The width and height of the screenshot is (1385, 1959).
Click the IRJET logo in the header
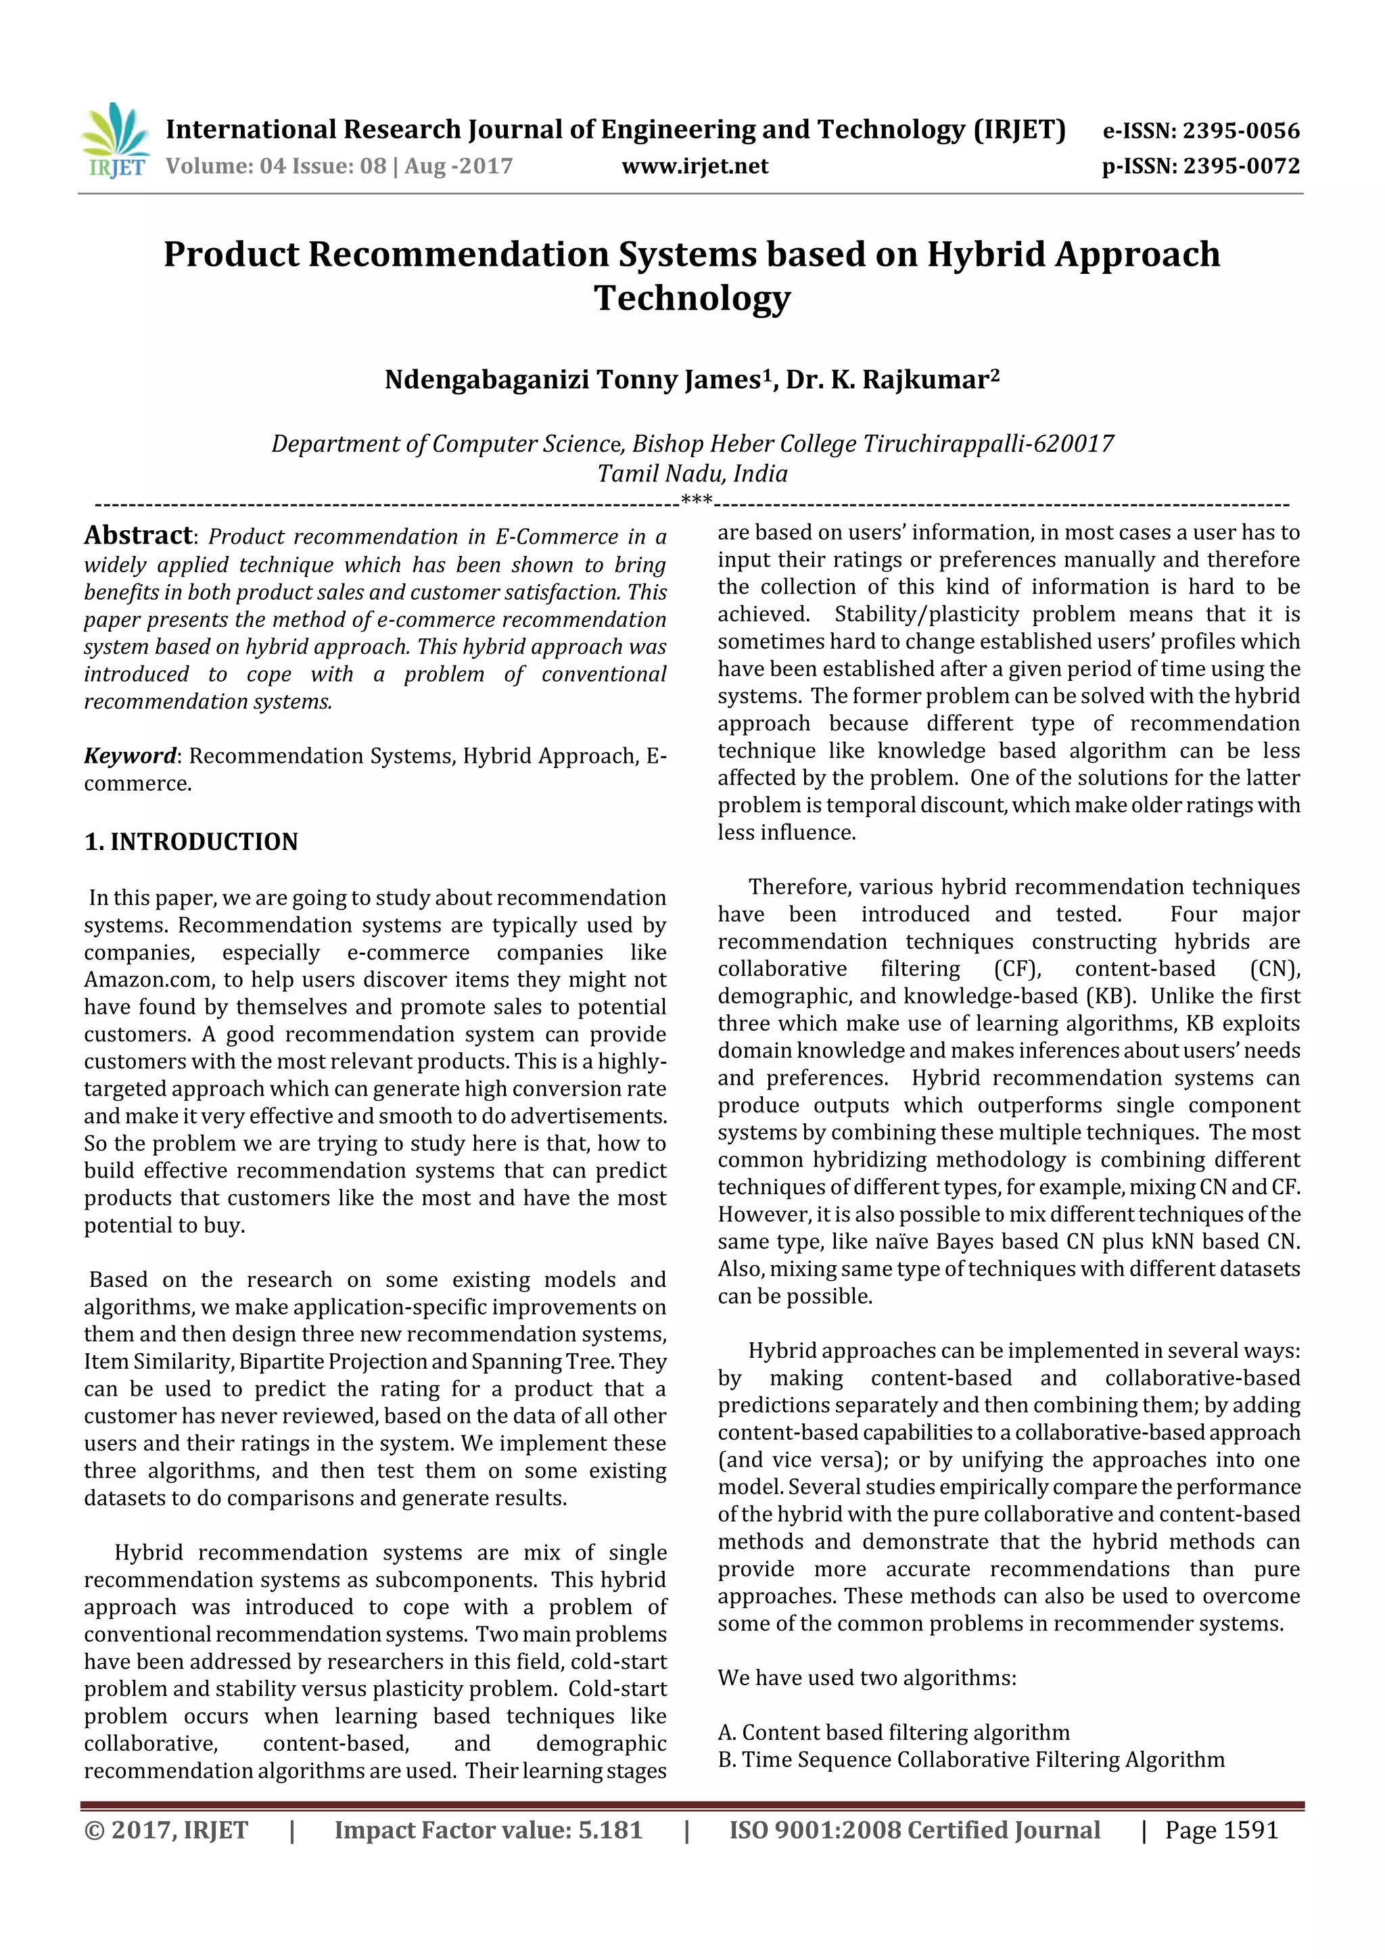[117, 141]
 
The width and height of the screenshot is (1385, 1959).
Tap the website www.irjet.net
[695, 166]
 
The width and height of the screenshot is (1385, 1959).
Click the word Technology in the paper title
[692, 298]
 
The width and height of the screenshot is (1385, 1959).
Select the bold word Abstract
[138, 535]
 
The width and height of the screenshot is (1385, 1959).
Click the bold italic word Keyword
[129, 755]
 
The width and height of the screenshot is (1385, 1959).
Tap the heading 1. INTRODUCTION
[191, 841]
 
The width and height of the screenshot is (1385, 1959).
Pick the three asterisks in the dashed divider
[697, 499]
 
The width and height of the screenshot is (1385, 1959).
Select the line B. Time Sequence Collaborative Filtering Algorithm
[971, 1760]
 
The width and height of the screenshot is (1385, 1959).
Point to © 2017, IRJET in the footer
[166, 1830]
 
